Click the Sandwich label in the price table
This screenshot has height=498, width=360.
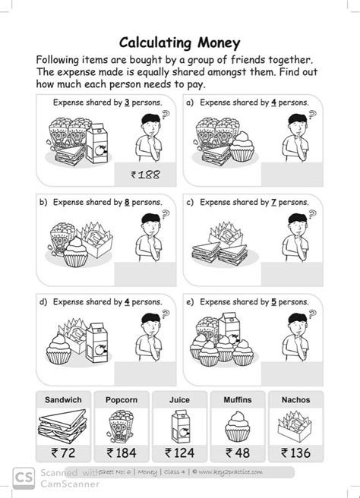[65, 399]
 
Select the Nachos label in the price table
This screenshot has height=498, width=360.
[295, 399]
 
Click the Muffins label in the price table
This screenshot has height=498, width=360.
[237, 399]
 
